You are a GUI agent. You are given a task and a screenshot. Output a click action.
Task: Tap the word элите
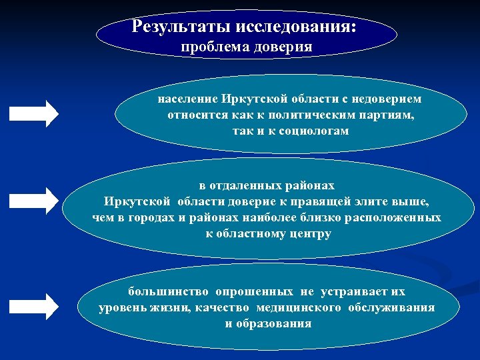(x=385, y=201)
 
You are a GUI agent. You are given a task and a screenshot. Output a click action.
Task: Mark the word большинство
(x=159, y=292)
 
